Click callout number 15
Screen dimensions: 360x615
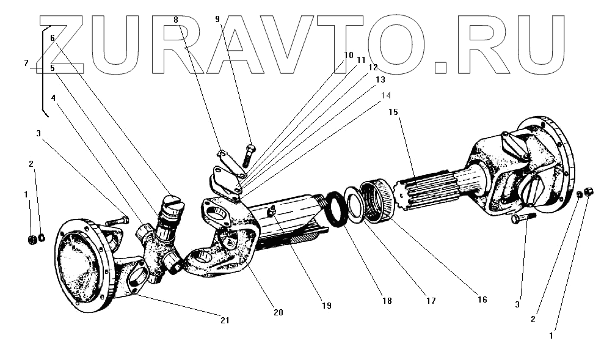pyautogui.click(x=393, y=112)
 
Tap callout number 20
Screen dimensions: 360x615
pyautogui.click(x=278, y=312)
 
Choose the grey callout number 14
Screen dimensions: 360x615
pyautogui.click(x=385, y=95)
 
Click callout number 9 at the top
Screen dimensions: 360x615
pyautogui.click(x=217, y=19)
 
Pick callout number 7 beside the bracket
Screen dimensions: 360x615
pyautogui.click(x=26, y=63)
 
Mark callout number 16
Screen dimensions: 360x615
pyautogui.click(x=482, y=299)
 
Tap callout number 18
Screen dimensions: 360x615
pyautogui.click(x=387, y=301)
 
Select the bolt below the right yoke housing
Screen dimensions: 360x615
pyautogui.click(x=523, y=217)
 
